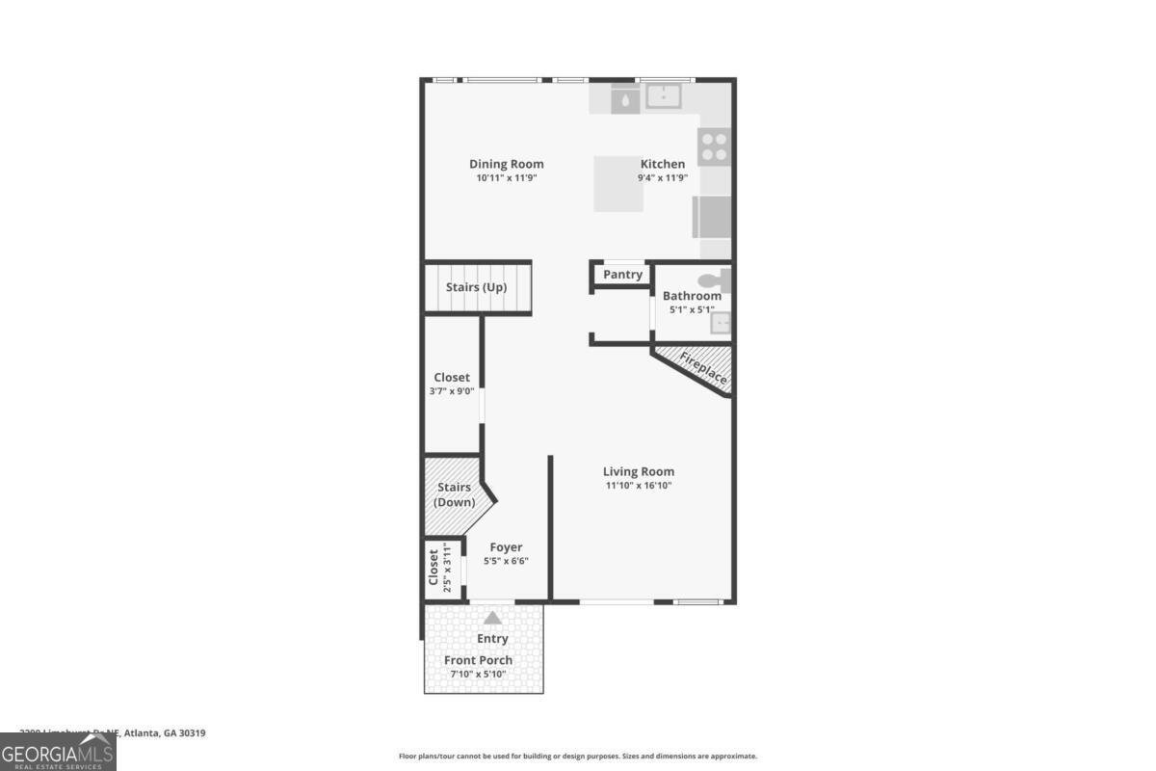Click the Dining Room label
tap(506, 164)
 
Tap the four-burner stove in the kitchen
tap(714, 146)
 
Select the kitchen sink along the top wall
tap(664, 96)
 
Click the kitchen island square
tap(618, 183)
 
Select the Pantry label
tap(622, 275)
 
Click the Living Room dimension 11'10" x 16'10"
tap(638, 486)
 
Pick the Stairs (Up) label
tap(476, 287)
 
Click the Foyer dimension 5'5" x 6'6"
tap(506, 561)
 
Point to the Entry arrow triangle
tap(492, 618)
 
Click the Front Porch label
tap(478, 660)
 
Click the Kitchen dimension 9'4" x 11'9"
tap(663, 177)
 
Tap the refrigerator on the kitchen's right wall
tap(712, 217)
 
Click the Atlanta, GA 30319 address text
tap(164, 733)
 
